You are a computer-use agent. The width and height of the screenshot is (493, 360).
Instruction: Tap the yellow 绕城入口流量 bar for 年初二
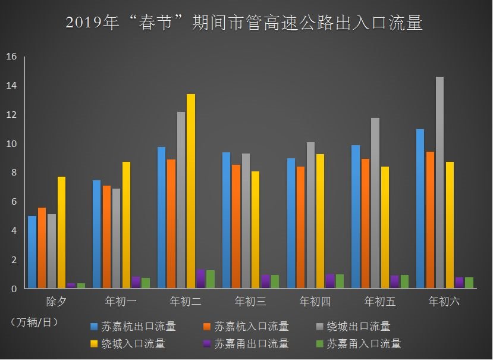(190, 191)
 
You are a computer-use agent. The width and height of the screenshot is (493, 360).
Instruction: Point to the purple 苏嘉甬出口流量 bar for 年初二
(200, 278)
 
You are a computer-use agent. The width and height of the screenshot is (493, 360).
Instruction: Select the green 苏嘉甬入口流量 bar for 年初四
(340, 281)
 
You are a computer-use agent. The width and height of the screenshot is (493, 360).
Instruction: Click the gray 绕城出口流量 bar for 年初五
(375, 203)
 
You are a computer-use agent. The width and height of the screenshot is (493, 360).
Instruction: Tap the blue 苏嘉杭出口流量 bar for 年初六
(420, 208)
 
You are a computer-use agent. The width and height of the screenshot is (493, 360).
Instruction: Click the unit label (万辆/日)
(34, 322)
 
